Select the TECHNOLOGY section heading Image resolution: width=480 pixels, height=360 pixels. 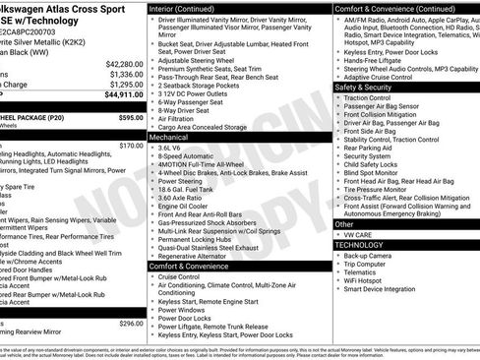(x=364, y=243)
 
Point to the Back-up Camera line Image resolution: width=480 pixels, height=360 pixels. (x=375, y=255)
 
